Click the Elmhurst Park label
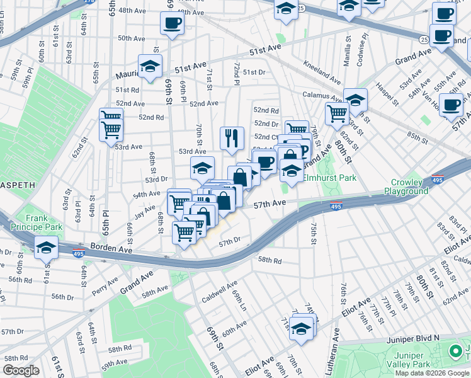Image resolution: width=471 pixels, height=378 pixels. (330, 178)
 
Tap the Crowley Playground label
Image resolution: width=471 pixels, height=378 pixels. (406, 186)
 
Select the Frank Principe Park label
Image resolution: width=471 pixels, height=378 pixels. (43, 222)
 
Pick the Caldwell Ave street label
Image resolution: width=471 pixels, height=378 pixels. (218, 289)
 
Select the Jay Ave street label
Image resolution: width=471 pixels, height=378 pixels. (145, 209)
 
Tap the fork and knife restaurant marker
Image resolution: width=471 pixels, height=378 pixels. (232, 137)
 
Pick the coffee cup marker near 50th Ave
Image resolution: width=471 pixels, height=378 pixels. (172, 24)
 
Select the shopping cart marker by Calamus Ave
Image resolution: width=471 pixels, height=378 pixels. (337, 113)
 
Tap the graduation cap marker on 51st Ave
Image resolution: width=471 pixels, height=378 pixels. (150, 66)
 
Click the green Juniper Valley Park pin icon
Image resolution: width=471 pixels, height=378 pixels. (455, 352)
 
